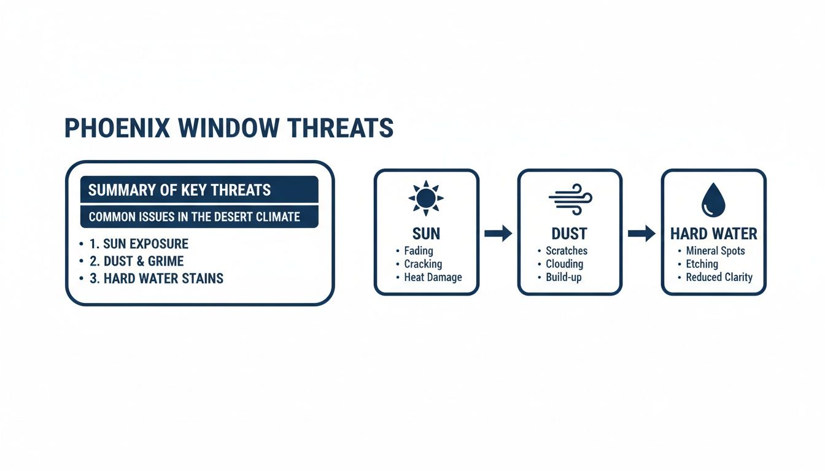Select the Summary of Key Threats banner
199,190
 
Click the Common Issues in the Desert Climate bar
199,216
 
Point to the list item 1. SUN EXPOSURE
138,243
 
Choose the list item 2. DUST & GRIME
136,261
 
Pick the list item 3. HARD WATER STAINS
155,278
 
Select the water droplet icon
713,200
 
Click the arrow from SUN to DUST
498,234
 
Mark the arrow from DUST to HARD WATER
641,234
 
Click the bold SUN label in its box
426,234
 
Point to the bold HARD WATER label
713,234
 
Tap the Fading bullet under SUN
418,251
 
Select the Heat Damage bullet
432,277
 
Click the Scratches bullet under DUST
566,251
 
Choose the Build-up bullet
563,277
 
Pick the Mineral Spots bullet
715,251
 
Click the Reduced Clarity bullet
719,277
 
